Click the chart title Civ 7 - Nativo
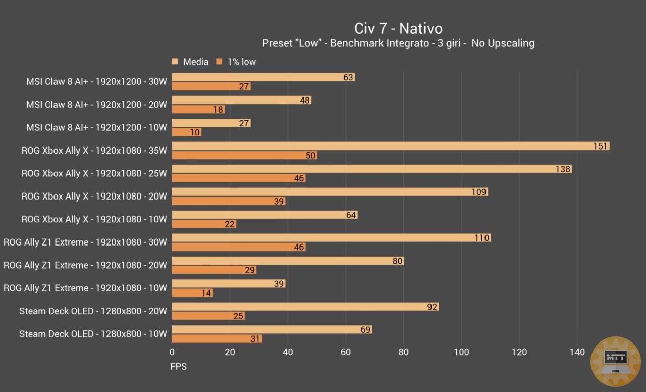point(398,28)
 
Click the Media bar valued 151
point(390,146)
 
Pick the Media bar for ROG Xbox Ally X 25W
point(371,169)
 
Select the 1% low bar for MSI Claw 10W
point(186,132)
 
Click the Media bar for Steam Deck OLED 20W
point(305,307)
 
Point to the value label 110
point(481,238)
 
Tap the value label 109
point(478,192)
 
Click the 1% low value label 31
point(255,339)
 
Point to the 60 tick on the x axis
point(346,352)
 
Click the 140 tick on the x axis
point(577,352)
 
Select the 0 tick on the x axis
point(172,352)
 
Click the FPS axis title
point(178,366)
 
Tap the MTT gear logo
point(615,361)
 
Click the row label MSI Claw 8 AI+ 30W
point(96,81)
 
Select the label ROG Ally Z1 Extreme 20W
point(85,265)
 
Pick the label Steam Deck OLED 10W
point(93,334)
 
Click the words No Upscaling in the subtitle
point(503,43)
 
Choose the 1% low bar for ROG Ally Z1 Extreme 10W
point(192,293)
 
